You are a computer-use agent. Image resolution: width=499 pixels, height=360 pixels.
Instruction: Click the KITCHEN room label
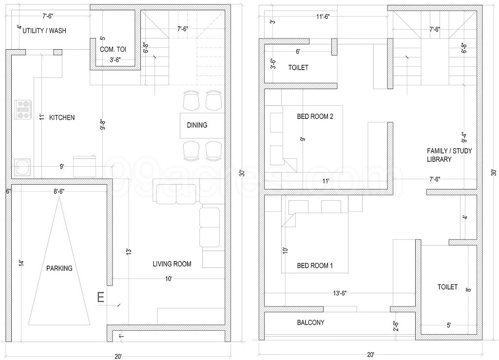[62, 117]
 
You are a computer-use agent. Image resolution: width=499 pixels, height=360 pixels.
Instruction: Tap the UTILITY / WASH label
[44, 31]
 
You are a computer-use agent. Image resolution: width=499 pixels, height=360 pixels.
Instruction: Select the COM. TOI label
[113, 49]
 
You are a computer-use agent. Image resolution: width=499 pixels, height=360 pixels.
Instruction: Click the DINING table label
[197, 125]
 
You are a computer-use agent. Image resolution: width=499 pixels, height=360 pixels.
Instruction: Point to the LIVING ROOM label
[172, 264]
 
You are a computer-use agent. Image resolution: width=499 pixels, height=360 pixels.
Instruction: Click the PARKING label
[59, 268]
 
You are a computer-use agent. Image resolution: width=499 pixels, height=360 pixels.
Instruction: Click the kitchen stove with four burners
[22, 110]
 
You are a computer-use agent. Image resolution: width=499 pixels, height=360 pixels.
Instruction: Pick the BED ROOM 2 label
[315, 117]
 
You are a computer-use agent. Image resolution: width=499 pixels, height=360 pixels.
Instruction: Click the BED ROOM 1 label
[315, 266]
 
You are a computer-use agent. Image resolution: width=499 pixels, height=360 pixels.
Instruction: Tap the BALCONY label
[310, 322]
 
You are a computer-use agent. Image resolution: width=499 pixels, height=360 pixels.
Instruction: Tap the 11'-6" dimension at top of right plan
[322, 17]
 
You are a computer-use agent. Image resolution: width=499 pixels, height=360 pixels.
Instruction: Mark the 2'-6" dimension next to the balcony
[396, 325]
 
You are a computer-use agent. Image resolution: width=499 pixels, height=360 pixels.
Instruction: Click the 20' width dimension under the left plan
[118, 356]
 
